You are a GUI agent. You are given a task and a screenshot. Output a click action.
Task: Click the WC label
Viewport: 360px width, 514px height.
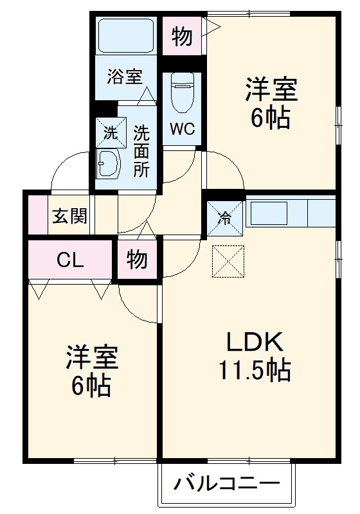coord(182,128)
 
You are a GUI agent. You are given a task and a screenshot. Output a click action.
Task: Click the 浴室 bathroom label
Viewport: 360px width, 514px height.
coord(125,78)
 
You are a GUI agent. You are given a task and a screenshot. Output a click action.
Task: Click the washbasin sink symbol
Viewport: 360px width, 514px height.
coord(109,165)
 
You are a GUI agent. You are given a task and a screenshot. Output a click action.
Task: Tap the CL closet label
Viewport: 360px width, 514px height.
coord(69,260)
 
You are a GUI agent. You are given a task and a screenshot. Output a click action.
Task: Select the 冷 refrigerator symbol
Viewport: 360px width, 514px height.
coord(225,218)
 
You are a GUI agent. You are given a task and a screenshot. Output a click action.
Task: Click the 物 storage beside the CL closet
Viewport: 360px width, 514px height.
coord(138,260)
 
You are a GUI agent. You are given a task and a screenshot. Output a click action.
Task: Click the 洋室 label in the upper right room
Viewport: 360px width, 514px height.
coord(270,90)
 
